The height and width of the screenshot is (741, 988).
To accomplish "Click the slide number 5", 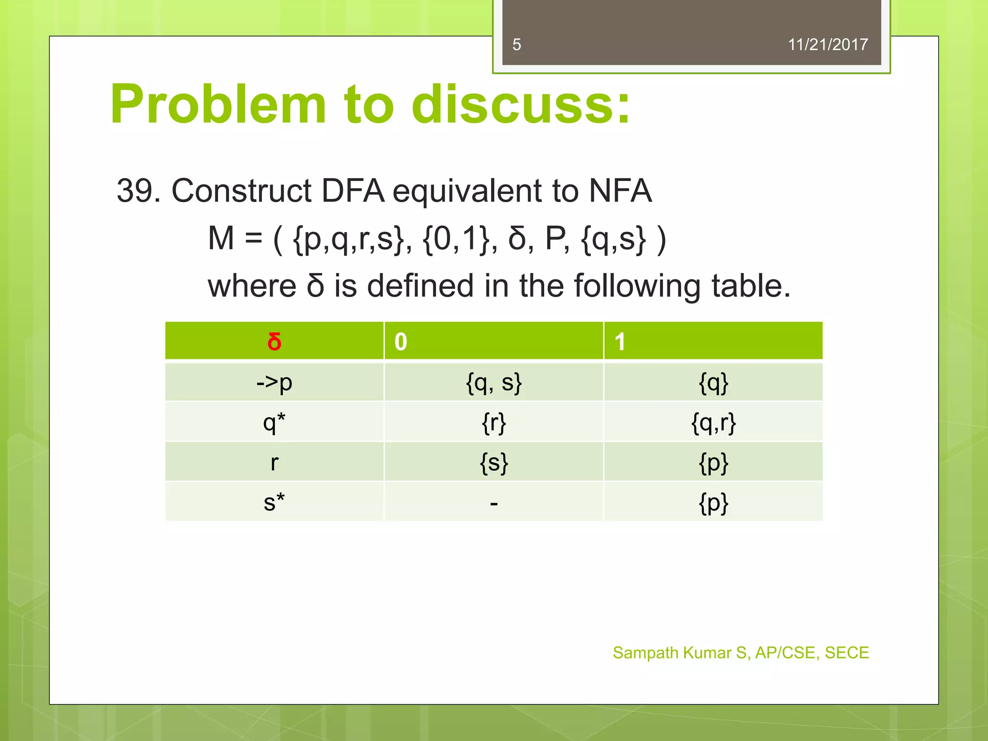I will click(517, 45).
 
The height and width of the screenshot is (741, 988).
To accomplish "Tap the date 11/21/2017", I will click(827, 45).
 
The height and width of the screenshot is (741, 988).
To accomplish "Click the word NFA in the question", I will click(620, 191).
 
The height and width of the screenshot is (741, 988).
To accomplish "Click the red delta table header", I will click(274, 342).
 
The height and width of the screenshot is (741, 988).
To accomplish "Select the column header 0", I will click(401, 342).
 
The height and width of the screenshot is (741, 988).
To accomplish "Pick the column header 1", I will click(620, 342).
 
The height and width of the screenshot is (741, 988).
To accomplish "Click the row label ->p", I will click(274, 383).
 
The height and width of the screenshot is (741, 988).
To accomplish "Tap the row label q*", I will click(274, 423).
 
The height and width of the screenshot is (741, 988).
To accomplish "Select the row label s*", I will click(274, 502).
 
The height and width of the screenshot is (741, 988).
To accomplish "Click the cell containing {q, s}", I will click(494, 383).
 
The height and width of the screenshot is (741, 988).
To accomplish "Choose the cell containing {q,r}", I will click(713, 423).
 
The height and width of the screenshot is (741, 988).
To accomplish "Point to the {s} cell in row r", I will click(494, 463).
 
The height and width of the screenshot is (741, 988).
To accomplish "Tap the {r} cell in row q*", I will click(494, 423).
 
